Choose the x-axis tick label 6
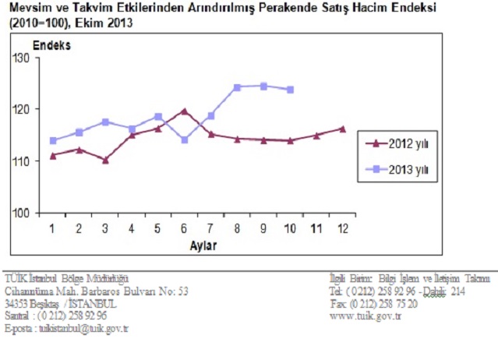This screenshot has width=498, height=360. pos(184,228)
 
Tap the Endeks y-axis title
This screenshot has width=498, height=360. pos(51,44)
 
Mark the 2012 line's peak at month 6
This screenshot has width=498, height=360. pos(184,111)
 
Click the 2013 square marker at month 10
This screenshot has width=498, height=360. pos(290,90)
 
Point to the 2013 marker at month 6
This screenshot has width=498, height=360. pos(184,140)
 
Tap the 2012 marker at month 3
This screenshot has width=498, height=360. pos(105,160)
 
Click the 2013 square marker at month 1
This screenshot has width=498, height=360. pos(53,141)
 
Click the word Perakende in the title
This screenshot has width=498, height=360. pos(295,8)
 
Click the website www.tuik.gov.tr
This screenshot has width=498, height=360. pos(367,316)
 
